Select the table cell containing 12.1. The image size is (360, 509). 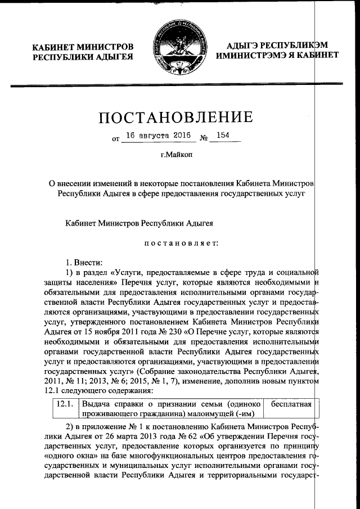[65, 404]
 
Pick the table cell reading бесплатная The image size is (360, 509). [291, 404]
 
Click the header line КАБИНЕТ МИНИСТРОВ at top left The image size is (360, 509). [83, 46]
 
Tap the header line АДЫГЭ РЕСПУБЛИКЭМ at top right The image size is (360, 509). [277, 46]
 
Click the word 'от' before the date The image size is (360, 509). [116, 139]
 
